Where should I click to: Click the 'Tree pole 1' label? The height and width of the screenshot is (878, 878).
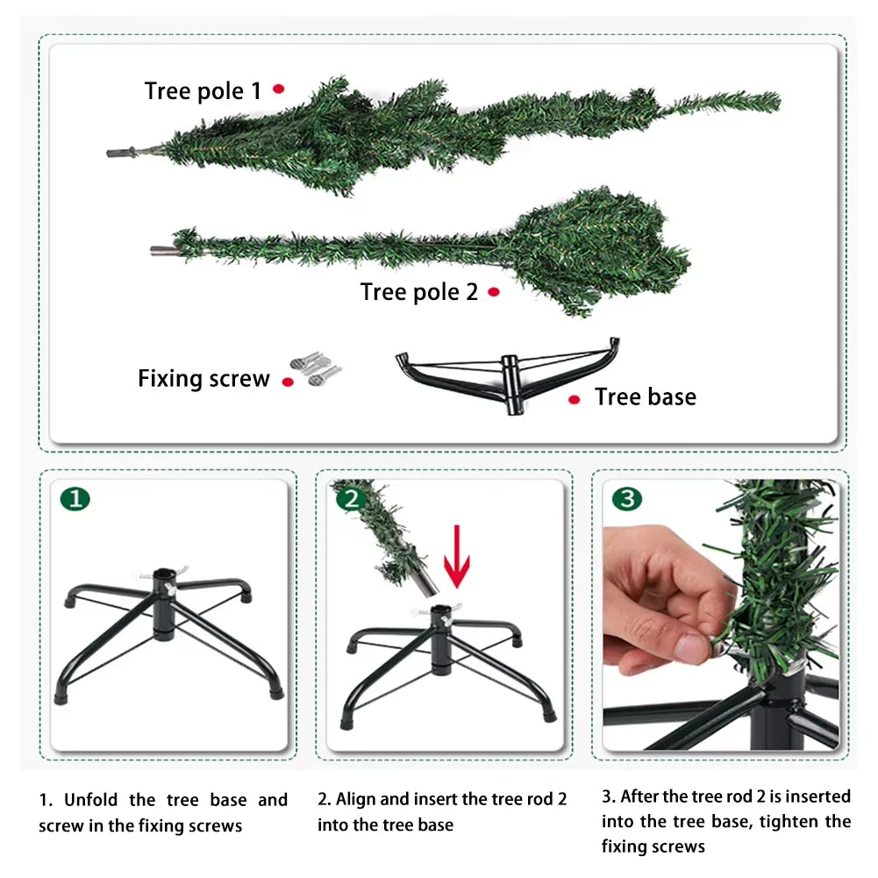click(x=203, y=91)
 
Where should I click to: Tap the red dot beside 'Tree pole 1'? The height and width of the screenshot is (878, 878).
click(x=279, y=89)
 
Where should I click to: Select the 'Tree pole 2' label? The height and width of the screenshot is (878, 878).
click(x=419, y=292)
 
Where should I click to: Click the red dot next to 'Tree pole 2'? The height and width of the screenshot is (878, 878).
click(x=494, y=292)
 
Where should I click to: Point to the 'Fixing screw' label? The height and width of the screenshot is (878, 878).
click(x=203, y=379)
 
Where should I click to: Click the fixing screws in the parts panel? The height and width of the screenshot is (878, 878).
click(x=315, y=368)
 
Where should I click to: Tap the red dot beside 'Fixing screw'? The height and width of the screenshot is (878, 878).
click(x=287, y=382)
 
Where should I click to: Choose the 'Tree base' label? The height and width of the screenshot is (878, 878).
click(x=645, y=397)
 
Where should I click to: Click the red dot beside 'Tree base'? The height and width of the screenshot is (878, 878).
click(x=574, y=399)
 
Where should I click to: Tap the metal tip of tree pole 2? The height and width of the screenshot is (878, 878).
click(x=161, y=251)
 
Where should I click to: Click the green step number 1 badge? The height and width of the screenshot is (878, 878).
click(x=75, y=499)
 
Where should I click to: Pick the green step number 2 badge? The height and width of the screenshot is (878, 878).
click(x=351, y=499)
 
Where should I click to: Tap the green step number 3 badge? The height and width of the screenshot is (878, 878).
click(x=626, y=499)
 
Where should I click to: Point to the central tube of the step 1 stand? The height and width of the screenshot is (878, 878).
click(x=164, y=605)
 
